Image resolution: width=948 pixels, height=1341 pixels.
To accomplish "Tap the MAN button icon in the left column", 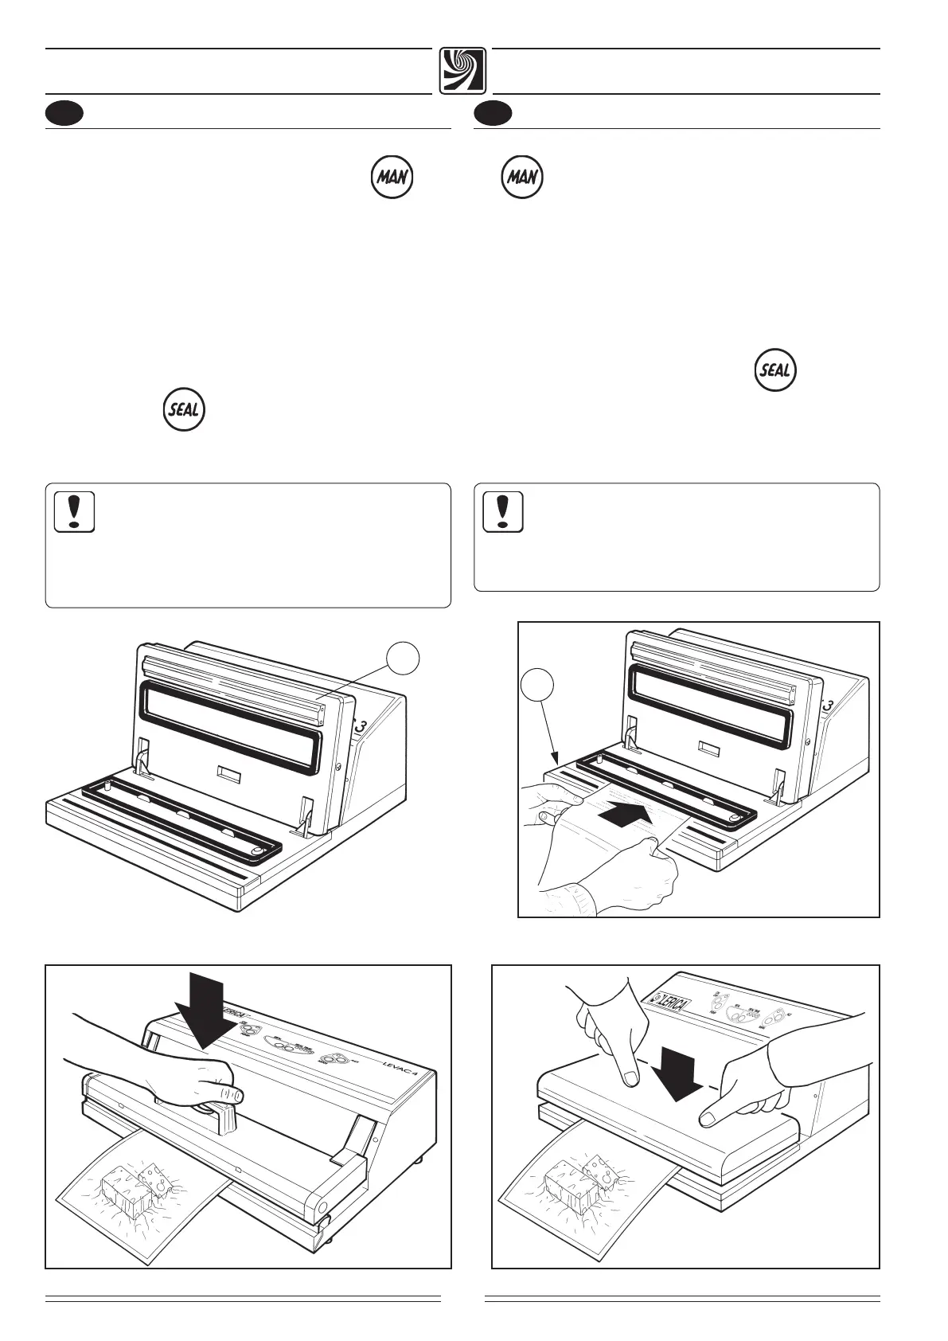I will pos(392,177).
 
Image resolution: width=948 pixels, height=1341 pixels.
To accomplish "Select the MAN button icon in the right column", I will pos(522,177).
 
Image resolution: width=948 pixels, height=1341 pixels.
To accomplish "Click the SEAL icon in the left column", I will pos(184,411).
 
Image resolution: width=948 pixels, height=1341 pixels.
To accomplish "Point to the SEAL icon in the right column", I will pos(775,370).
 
